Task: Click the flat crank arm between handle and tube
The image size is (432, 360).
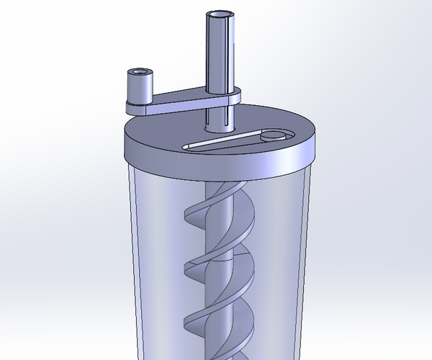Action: coord(180,101)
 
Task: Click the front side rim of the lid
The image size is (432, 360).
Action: coord(216,167)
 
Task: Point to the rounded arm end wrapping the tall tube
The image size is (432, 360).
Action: coord(234,97)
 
